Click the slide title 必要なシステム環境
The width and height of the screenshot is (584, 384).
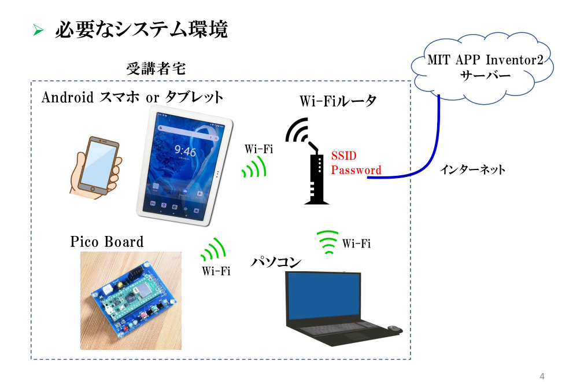pyautogui.click(x=141, y=29)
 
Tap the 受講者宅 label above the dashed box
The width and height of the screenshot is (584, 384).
pyautogui.click(x=156, y=69)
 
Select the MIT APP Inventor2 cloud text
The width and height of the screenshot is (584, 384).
pyautogui.click(x=485, y=60)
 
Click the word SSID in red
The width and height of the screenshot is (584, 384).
pyautogui.click(x=343, y=156)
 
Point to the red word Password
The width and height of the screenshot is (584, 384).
pyautogui.click(x=356, y=170)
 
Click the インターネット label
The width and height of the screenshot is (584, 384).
pyautogui.click(x=472, y=170)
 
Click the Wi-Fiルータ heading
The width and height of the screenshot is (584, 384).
pyautogui.click(x=338, y=101)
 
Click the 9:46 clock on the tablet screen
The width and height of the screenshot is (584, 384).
pyautogui.click(x=185, y=152)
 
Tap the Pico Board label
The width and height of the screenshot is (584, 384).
pyautogui.click(x=107, y=241)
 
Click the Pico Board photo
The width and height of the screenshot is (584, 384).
pyautogui.click(x=131, y=300)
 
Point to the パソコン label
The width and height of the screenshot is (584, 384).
pyautogui.click(x=276, y=262)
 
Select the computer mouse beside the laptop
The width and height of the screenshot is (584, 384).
pyautogui.click(x=395, y=328)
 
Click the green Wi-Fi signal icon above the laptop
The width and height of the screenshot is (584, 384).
pyautogui.click(x=328, y=242)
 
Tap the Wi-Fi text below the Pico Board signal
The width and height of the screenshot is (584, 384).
pyautogui.click(x=216, y=271)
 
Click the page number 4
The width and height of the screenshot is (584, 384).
pyautogui.click(x=542, y=376)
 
